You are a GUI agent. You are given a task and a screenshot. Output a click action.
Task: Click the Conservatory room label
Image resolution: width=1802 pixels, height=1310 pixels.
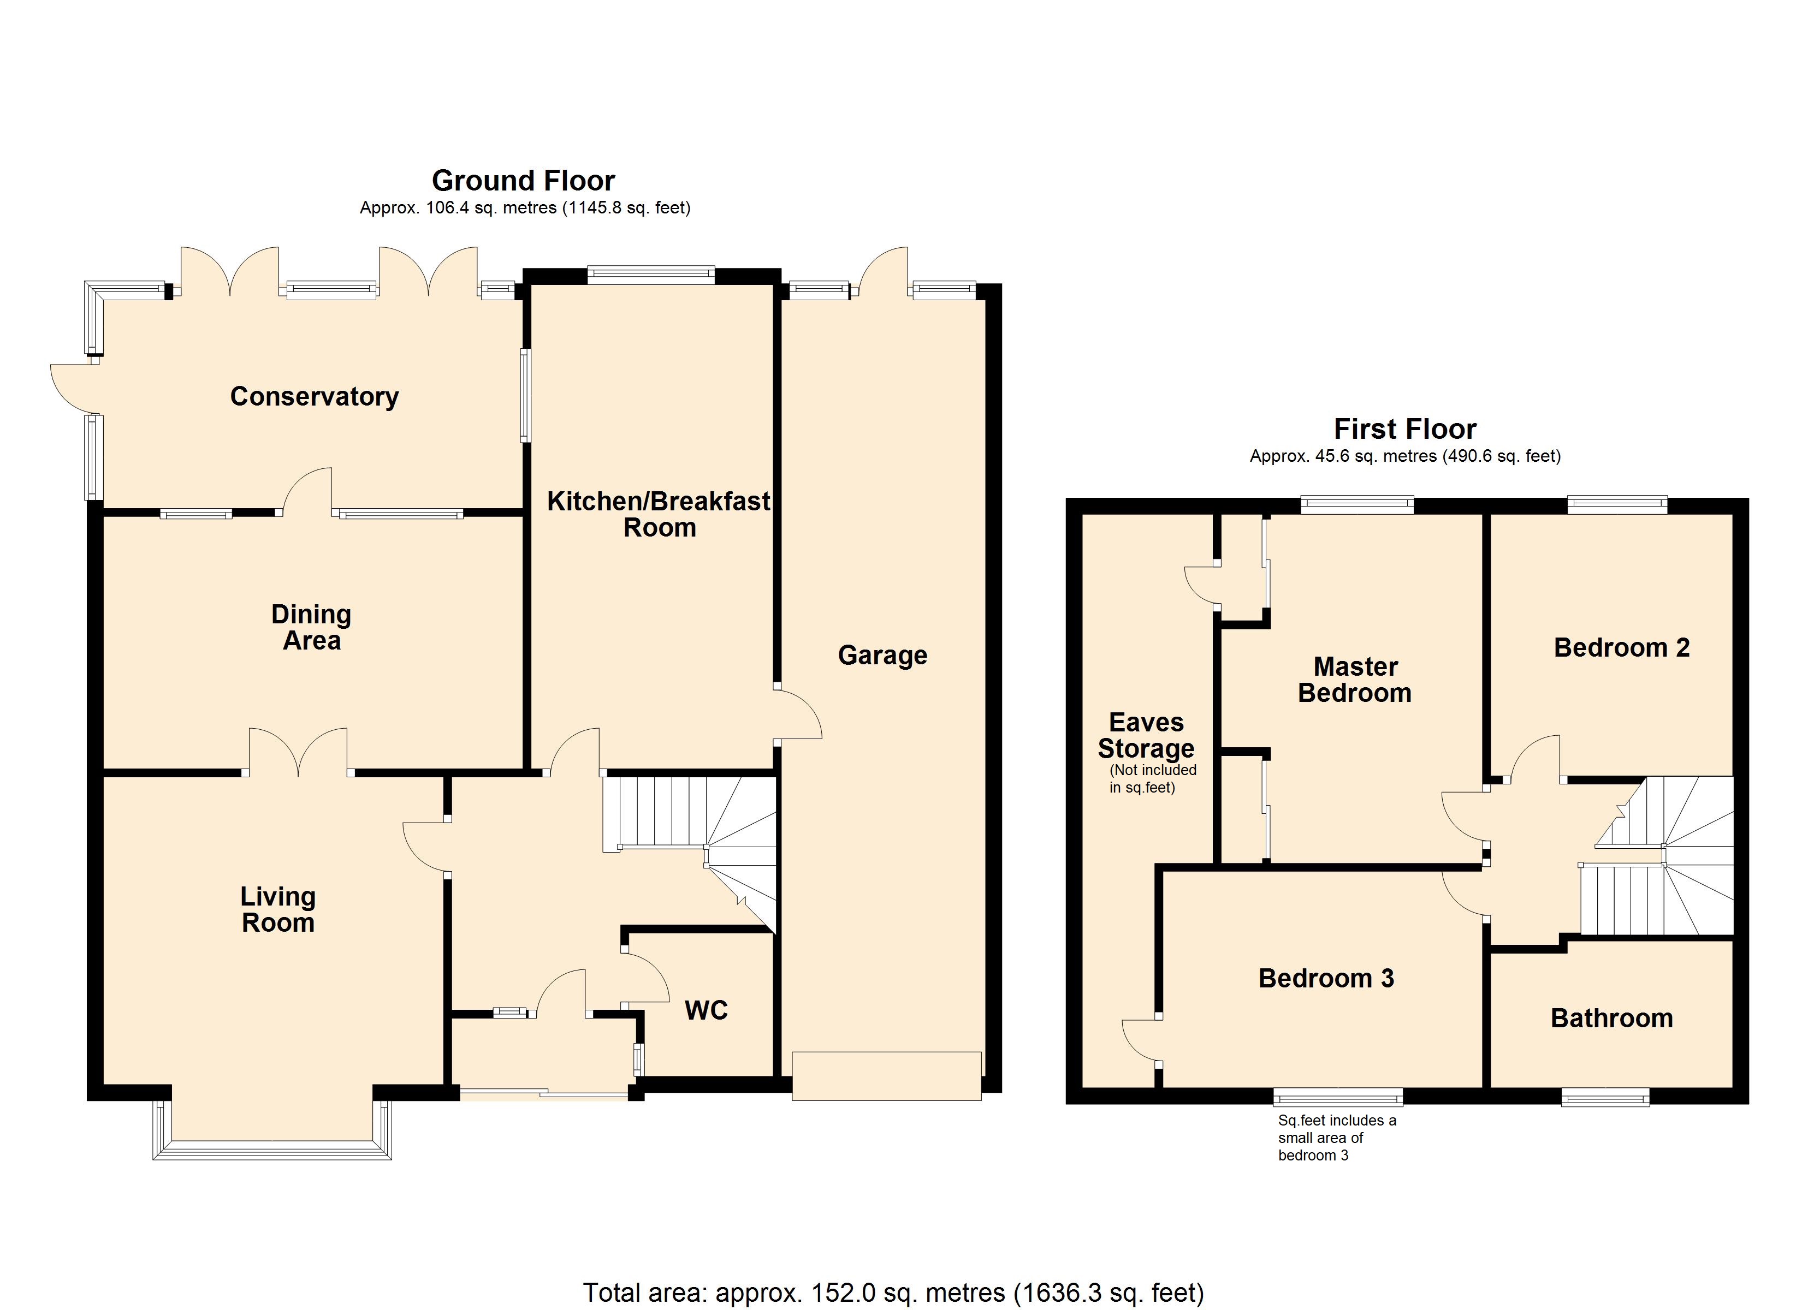[314, 396]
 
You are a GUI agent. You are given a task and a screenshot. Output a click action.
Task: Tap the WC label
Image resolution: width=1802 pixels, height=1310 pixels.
[707, 1010]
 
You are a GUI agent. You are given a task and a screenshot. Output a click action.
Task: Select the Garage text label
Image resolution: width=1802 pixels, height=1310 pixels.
[883, 656]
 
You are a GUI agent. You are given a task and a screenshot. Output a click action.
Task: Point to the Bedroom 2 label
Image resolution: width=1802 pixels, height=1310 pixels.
[1622, 647]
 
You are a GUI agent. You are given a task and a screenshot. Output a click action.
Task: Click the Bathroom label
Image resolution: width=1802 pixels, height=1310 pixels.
[1611, 1019]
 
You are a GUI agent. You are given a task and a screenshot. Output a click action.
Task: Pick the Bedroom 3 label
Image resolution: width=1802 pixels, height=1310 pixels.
[1326, 978]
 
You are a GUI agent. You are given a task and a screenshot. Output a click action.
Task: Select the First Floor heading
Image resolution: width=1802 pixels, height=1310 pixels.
[1404, 429]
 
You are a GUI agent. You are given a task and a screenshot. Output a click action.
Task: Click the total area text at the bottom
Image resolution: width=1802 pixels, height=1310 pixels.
[894, 1293]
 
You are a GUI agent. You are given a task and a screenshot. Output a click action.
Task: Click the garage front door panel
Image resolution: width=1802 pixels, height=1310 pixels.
[887, 1076]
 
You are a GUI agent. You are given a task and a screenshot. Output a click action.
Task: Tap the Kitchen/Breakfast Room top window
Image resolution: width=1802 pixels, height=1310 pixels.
[651, 275]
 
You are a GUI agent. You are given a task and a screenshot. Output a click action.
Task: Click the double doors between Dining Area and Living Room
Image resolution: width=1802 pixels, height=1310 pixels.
[298, 752]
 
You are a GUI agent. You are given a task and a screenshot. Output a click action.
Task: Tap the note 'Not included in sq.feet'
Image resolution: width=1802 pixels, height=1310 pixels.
[1153, 778]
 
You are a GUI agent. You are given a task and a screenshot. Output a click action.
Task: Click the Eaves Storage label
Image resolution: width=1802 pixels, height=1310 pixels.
[1147, 736]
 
